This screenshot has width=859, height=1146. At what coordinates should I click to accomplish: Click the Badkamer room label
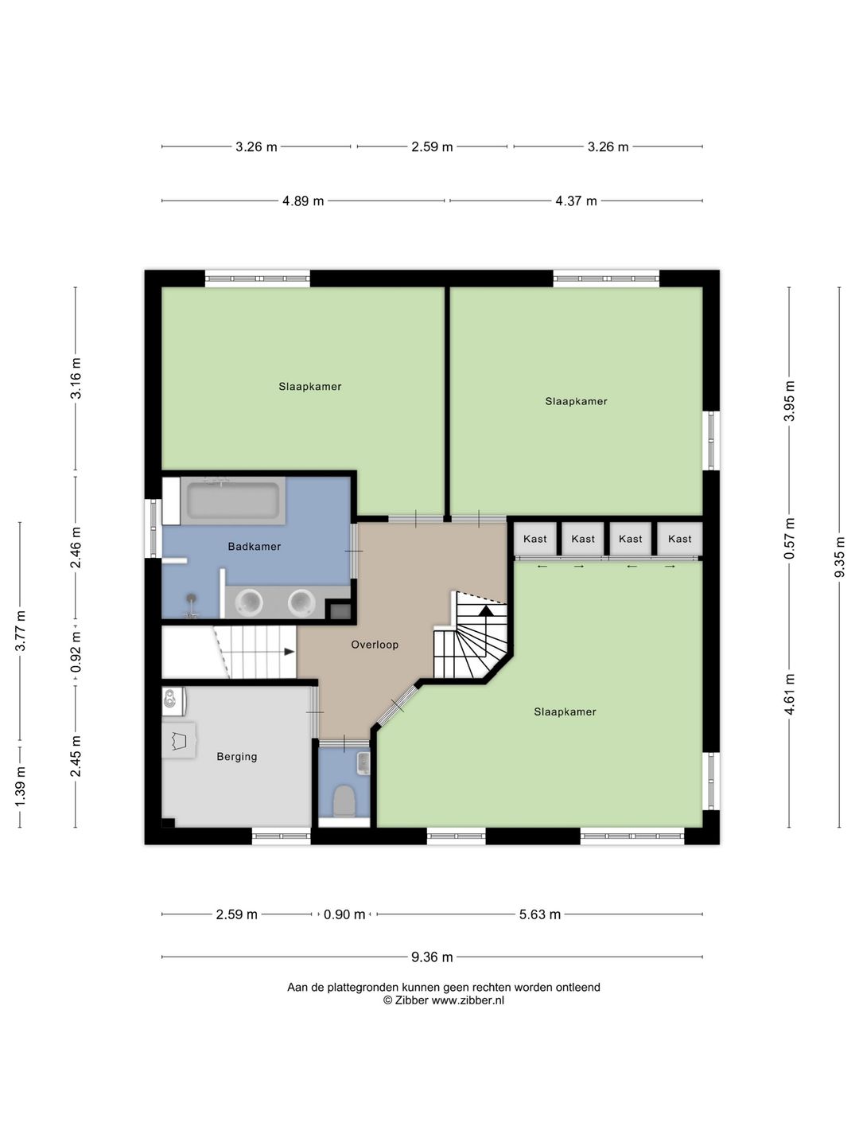(x=254, y=546)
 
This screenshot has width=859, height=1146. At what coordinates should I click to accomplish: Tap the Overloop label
(x=375, y=645)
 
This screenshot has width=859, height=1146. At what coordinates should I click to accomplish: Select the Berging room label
(x=237, y=756)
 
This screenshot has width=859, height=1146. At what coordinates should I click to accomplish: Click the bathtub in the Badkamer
(x=232, y=501)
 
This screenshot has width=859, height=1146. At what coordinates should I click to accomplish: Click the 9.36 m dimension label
(x=432, y=957)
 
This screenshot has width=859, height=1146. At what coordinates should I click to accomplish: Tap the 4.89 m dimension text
(x=303, y=201)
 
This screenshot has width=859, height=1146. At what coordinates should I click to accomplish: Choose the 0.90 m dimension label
(x=344, y=914)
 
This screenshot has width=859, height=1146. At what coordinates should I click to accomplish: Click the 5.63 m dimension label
(x=540, y=914)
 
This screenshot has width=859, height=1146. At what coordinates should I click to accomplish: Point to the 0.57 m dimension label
(x=788, y=538)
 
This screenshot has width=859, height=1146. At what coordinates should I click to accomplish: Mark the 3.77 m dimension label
(x=20, y=630)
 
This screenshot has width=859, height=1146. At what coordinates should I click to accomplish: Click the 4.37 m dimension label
(x=576, y=201)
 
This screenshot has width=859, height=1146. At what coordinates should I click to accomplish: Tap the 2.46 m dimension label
(x=76, y=548)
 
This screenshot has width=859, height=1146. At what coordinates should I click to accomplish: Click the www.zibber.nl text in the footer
(x=468, y=1000)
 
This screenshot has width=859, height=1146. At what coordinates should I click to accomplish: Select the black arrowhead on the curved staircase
(x=485, y=610)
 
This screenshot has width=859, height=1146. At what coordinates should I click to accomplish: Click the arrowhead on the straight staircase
(x=289, y=652)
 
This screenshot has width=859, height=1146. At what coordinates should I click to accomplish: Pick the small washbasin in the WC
(x=363, y=762)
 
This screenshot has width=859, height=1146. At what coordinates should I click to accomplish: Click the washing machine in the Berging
(x=174, y=701)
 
